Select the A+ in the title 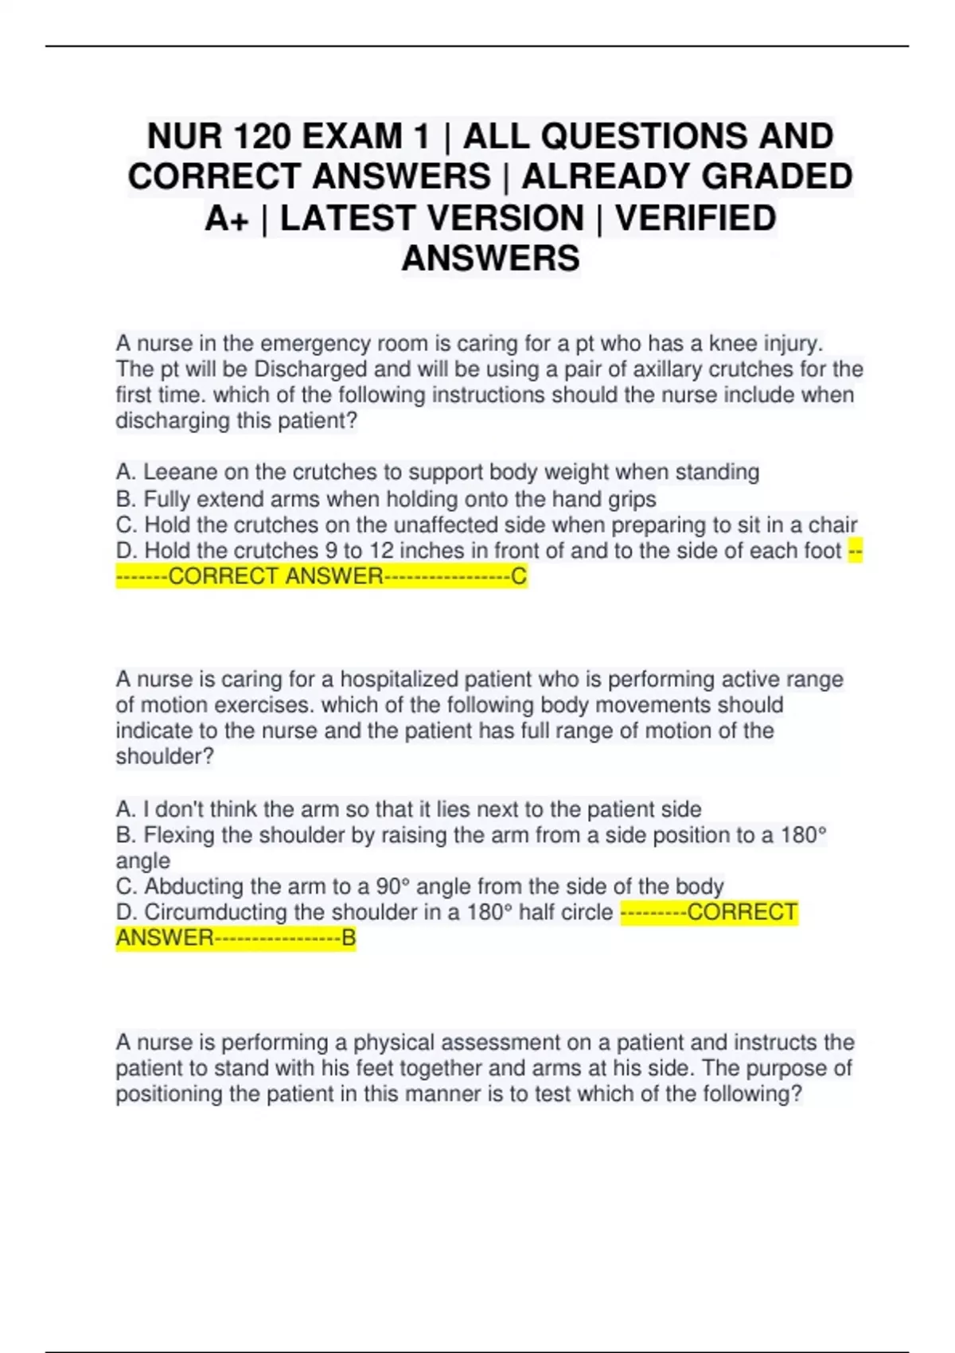(x=227, y=218)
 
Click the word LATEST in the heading (x=432, y=218)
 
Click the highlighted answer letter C (x=519, y=576)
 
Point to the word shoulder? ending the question (x=165, y=756)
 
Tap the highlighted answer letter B (x=349, y=938)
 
